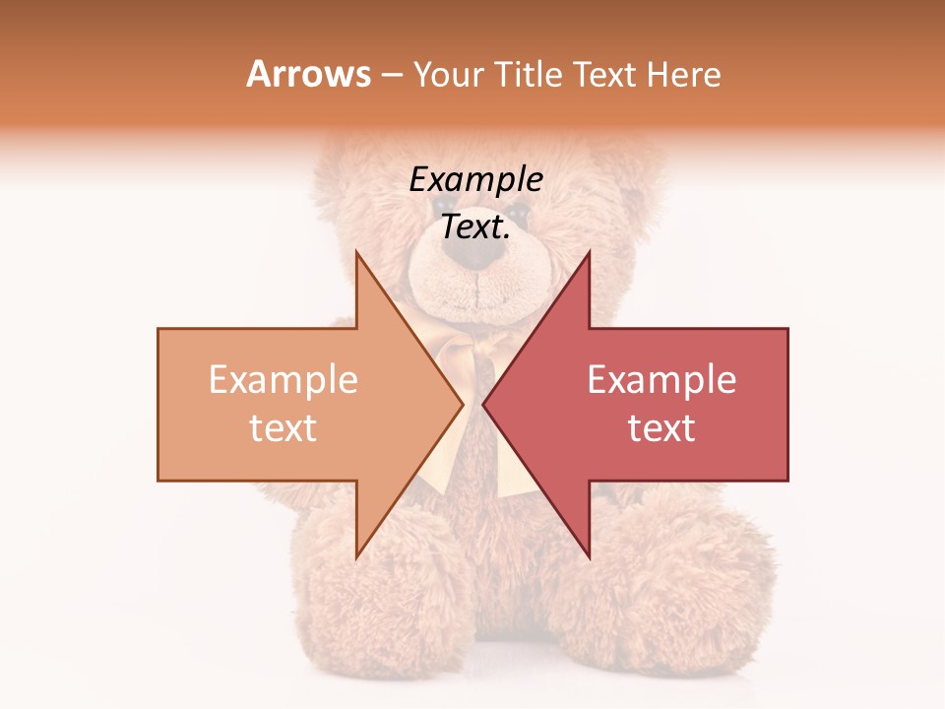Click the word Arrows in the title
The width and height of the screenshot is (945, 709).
[309, 75]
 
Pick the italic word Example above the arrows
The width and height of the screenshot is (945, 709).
[475, 180]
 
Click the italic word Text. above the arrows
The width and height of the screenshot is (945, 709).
[475, 227]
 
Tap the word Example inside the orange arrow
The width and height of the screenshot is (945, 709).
[283, 380]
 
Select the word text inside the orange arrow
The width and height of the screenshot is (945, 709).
[283, 428]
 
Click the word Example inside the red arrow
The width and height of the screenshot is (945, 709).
[661, 380]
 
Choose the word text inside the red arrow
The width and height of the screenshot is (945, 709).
[661, 428]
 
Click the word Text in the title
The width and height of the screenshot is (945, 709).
[605, 75]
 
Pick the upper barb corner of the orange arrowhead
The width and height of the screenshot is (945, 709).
[356, 251]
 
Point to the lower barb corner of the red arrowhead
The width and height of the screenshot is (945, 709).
[589, 557]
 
